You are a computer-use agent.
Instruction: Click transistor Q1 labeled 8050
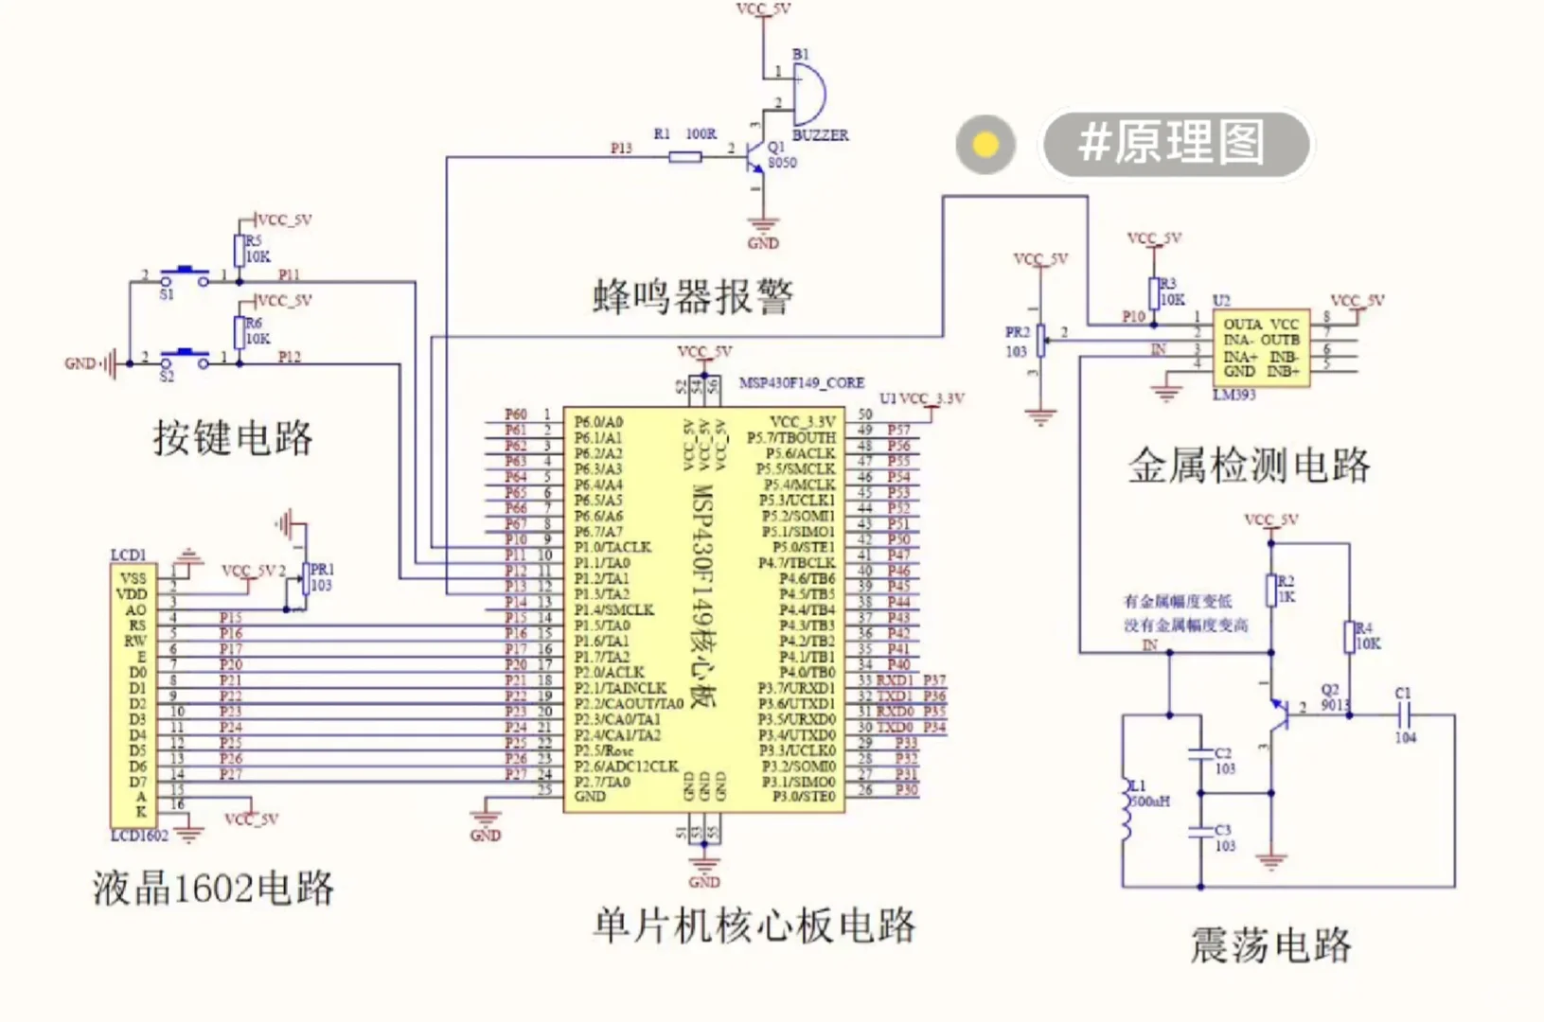pos(754,156)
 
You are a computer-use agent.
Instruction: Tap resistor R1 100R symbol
pos(685,157)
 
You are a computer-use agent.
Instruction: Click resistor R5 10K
pos(240,251)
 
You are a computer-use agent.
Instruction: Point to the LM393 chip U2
pos(1261,347)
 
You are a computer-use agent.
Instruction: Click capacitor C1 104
pos(1405,715)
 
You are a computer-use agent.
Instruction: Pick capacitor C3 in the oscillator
pos(1200,832)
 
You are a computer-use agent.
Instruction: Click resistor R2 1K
pos(1271,590)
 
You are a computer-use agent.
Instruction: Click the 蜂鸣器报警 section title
pos(693,297)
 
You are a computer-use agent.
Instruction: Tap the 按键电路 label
pos(233,438)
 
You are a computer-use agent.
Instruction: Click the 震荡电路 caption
pos(1270,945)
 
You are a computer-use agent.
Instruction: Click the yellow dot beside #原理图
pos(985,145)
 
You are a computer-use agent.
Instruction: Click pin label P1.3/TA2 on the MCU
pos(601,594)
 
